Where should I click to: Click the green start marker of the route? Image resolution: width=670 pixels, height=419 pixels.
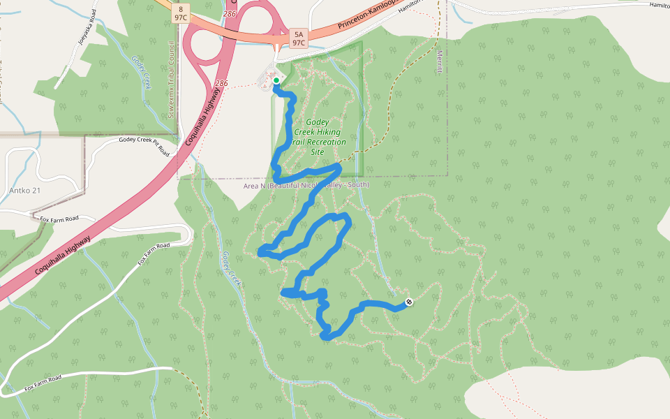pos(276,81)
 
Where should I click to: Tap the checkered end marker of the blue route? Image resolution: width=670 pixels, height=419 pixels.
pos(409,302)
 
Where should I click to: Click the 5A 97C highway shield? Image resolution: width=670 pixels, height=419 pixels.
pos(299,38)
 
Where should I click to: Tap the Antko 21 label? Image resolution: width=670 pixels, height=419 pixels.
pos(25,191)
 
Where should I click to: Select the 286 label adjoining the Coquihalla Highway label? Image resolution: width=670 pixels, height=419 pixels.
pos(222,84)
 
